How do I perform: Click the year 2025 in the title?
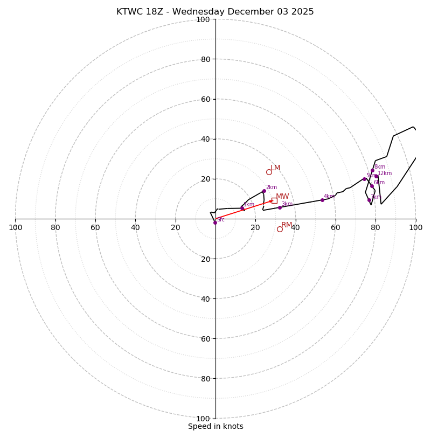pyautogui.click(x=302, y=12)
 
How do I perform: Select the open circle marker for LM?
pyautogui.click(x=269, y=172)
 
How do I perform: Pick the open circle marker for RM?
pyautogui.click(x=280, y=229)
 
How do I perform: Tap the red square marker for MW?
pyautogui.click(x=274, y=200)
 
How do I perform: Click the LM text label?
pyautogui.click(x=275, y=168)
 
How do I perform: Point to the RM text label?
pyautogui.click(x=287, y=225)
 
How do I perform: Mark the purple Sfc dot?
pyautogui.click(x=215, y=222)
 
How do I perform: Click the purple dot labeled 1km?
pyautogui.click(x=242, y=208)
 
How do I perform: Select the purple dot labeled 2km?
pyautogui.click(x=264, y=191)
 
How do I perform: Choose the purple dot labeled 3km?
pyautogui.click(x=280, y=207)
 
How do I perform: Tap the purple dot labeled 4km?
pyautogui.click(x=322, y=200)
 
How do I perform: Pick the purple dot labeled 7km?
pyautogui.click(x=369, y=200)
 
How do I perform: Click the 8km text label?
pyautogui.click(x=380, y=167)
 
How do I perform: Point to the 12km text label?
pyautogui.click(x=385, y=173)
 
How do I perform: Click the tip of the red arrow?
pyautogui.click(x=273, y=201)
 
